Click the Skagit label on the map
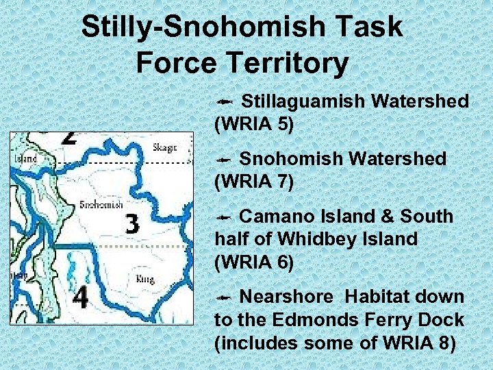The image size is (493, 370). [x=164, y=147]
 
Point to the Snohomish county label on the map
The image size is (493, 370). [x=101, y=204]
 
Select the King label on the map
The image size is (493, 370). [x=144, y=279]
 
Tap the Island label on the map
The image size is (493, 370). [x=26, y=158]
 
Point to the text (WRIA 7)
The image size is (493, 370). [x=254, y=182]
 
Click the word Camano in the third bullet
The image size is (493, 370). [x=278, y=217]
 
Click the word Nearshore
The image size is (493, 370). [x=287, y=297]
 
